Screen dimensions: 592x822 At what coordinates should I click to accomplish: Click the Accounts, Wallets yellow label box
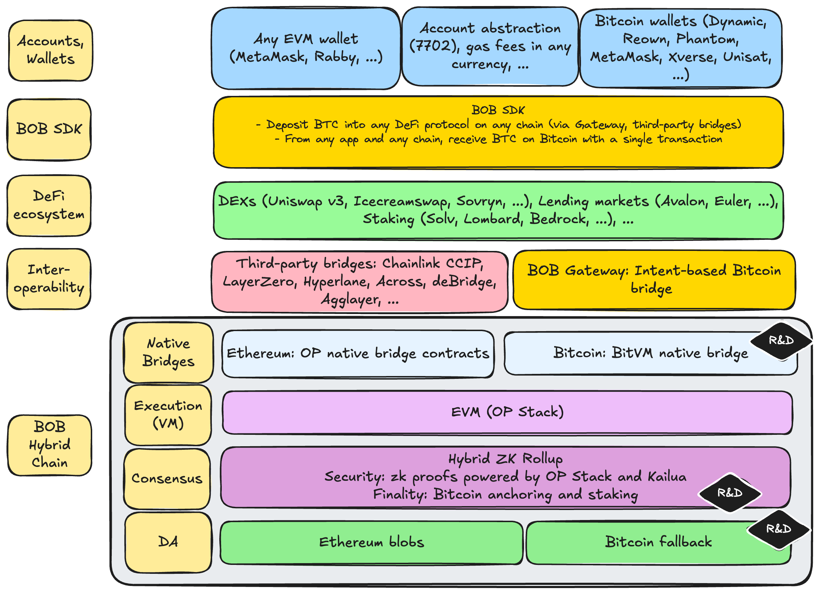pyautogui.click(x=50, y=50)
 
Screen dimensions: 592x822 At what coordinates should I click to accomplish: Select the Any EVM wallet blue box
pyautogui.click(x=305, y=48)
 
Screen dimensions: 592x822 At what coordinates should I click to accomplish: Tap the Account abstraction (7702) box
pyautogui.click(x=489, y=46)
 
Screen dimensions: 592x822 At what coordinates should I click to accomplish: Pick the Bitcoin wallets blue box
pyautogui.click(x=680, y=48)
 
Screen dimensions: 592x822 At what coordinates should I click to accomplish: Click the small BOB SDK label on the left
pyautogui.click(x=49, y=129)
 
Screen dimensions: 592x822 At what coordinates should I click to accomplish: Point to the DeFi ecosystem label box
pyautogui.click(x=49, y=205)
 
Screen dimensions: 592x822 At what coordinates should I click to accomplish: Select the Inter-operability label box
pyautogui.click(x=49, y=279)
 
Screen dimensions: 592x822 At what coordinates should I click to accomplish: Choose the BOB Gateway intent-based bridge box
pyautogui.click(x=654, y=280)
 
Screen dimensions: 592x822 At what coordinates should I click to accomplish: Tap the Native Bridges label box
pyautogui.click(x=168, y=352)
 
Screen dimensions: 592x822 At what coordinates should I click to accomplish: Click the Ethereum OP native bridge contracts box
pyautogui.click(x=358, y=353)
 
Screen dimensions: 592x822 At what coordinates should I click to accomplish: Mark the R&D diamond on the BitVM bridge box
pyautogui.click(x=781, y=341)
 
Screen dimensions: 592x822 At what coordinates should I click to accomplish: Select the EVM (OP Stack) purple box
pyautogui.click(x=507, y=412)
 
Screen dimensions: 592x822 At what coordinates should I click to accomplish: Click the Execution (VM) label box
pyautogui.click(x=168, y=415)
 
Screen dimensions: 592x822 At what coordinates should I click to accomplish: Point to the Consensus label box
pyautogui.click(x=167, y=478)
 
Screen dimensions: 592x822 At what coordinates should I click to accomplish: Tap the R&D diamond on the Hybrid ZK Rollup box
pyautogui.click(x=729, y=493)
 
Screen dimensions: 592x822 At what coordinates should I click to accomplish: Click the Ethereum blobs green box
pyautogui.click(x=371, y=542)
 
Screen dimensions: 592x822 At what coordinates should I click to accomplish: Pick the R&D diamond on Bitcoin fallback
pyautogui.click(x=779, y=529)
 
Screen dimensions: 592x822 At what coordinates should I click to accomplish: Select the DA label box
pyautogui.click(x=168, y=542)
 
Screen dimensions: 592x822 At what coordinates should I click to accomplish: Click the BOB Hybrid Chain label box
pyautogui.click(x=49, y=445)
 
